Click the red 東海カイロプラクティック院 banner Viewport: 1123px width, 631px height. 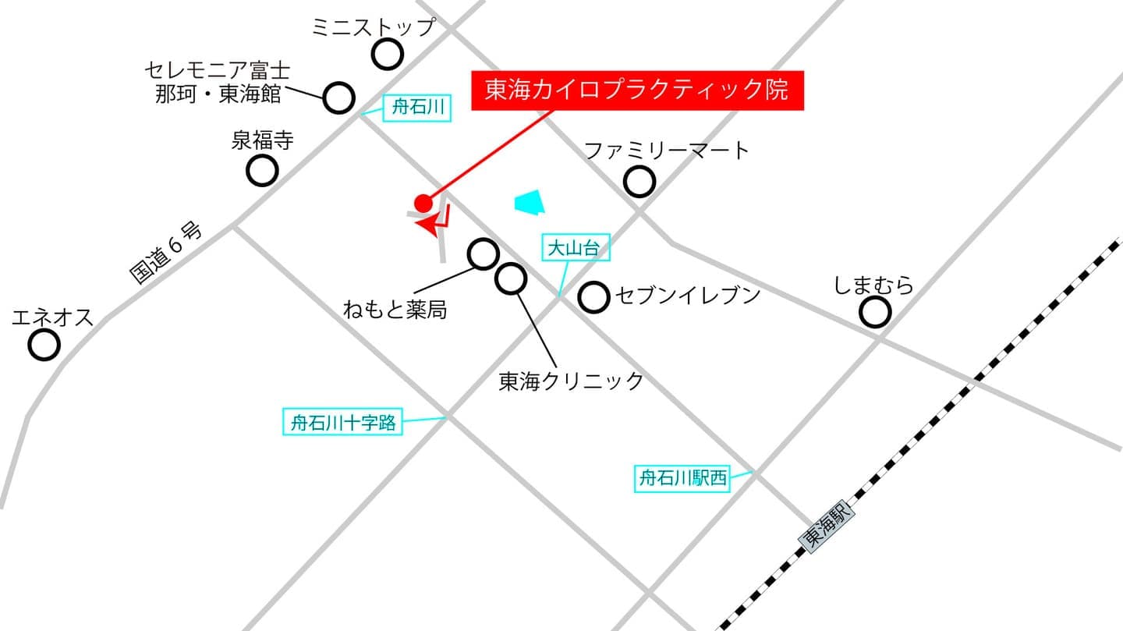tap(636, 90)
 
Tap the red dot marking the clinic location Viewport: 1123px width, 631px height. tap(423, 203)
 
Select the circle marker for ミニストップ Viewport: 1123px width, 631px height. tap(388, 55)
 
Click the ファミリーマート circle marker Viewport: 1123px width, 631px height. tap(639, 182)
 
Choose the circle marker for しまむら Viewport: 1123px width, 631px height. tap(875, 313)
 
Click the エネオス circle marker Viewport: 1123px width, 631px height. tap(44, 344)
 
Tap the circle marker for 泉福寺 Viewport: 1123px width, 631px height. tap(262, 170)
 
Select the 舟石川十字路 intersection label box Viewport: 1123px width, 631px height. tap(343, 424)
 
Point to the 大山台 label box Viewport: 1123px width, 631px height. tap(574, 249)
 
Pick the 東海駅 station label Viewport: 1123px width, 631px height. tap(827, 527)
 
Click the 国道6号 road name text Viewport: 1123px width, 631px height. tap(165, 253)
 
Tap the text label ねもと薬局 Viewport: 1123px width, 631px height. tap(395, 310)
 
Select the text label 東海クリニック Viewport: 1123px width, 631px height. tap(571, 381)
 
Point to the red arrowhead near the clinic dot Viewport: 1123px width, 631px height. tap(429, 225)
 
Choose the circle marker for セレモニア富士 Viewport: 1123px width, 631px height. tap(338, 98)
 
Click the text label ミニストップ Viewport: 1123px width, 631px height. tap(373, 27)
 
